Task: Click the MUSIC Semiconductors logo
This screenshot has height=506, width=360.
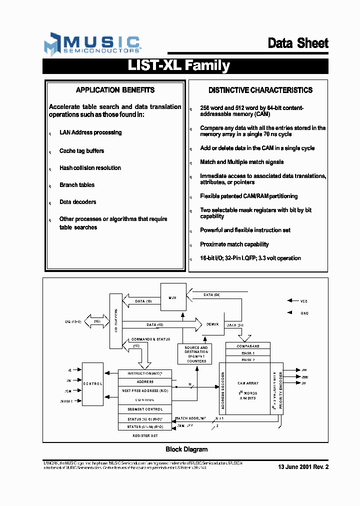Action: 92,44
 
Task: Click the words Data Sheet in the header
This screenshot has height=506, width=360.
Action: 298,43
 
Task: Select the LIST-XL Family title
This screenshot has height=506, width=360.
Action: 179,66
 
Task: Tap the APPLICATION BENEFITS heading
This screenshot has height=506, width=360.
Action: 115,90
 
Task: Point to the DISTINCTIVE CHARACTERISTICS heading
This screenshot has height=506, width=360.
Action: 260,90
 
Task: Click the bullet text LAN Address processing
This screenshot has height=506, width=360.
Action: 90,132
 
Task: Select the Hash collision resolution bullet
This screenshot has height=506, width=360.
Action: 90,168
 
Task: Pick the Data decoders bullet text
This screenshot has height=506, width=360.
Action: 77,202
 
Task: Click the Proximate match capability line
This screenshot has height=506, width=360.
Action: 234,244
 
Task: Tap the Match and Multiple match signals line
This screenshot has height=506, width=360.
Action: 242,162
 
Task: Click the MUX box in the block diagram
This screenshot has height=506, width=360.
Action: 172,297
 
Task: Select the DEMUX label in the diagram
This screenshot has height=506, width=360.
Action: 212,324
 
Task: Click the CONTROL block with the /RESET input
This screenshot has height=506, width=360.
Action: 92,383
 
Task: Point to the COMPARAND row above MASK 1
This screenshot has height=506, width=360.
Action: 248,346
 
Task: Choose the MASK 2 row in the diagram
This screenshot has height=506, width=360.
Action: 248,359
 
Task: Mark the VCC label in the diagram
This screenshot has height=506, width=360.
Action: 304,301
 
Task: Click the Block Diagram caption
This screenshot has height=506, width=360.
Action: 186,449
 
